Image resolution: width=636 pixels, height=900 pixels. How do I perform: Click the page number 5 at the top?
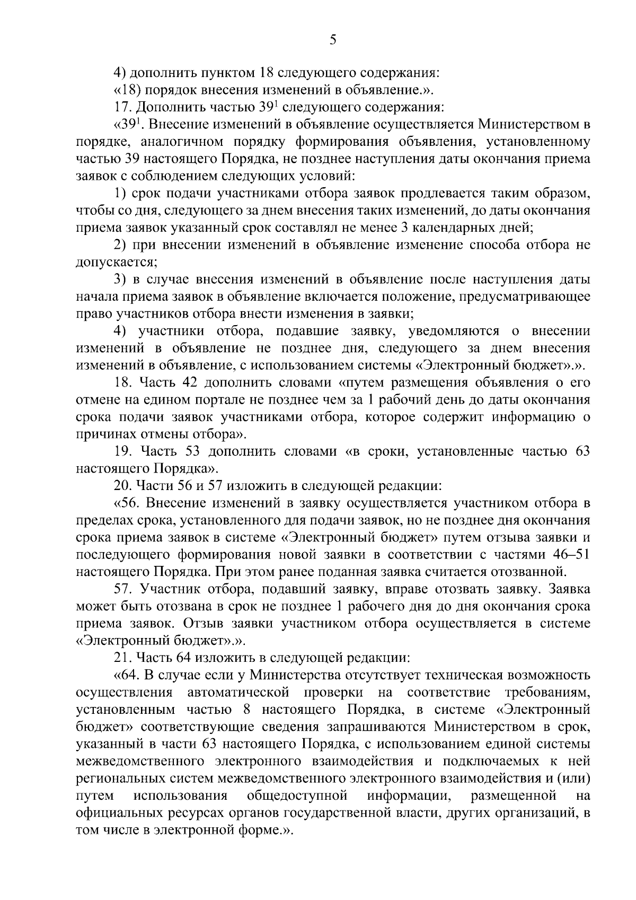tap(332, 40)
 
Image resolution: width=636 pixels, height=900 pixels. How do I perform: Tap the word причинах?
tap(101, 434)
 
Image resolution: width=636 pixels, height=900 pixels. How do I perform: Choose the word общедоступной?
tap(297, 796)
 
